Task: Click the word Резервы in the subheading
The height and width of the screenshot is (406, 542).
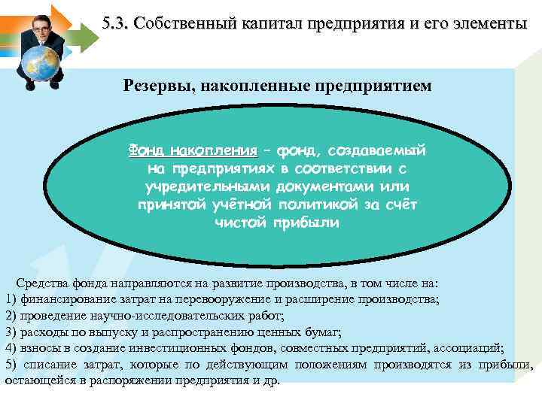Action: tap(154, 86)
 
